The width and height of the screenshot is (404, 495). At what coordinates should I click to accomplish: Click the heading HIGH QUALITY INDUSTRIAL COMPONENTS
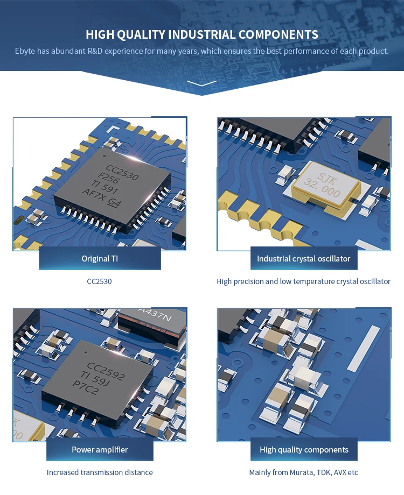pyautogui.click(x=202, y=35)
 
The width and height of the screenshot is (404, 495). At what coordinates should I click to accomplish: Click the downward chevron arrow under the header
pyautogui.click(x=202, y=83)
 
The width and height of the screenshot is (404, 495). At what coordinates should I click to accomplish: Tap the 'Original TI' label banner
pyautogui.click(x=100, y=258)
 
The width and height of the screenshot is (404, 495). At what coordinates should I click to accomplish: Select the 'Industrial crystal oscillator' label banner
pyautogui.click(x=303, y=258)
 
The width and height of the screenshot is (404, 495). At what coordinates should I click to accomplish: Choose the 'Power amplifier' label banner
pyautogui.click(x=100, y=449)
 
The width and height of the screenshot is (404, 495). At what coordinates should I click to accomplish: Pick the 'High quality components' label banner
pyautogui.click(x=304, y=449)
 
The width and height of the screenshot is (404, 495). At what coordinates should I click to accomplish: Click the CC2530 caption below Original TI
pyautogui.click(x=100, y=281)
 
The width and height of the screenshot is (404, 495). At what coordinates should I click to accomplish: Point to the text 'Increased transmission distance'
pyautogui.click(x=100, y=472)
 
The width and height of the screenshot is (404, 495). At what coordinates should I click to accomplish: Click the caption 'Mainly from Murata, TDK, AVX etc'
pyautogui.click(x=303, y=472)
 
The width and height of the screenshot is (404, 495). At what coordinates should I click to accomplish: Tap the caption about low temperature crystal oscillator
pyautogui.click(x=303, y=281)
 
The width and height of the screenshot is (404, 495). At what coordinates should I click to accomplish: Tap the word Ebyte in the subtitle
pyautogui.click(x=25, y=51)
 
